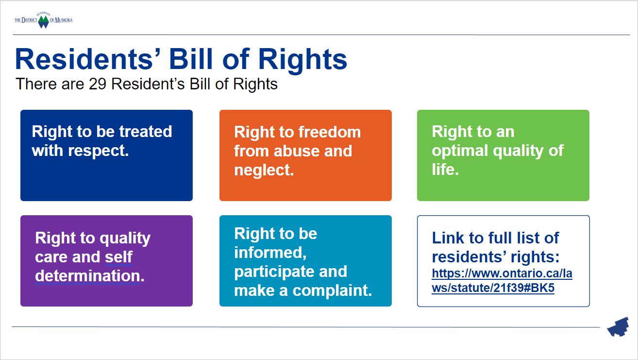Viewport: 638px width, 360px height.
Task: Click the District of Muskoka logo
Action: pos(43,20)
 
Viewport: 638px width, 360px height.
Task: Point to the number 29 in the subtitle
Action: pos(98,84)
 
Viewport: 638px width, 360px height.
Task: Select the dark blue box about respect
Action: pos(106,155)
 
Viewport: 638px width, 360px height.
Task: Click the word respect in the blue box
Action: pos(98,151)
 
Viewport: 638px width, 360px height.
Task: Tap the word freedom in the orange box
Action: pos(330,132)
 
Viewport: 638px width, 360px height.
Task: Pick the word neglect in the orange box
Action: pos(264,170)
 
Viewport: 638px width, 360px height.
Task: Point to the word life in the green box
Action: pos(445,169)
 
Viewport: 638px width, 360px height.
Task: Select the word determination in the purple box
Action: pos(90,276)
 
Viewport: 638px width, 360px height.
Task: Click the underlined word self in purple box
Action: pos(118,257)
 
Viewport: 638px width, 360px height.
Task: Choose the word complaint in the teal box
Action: pos(332,291)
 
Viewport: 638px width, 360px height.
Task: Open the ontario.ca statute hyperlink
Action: pos(502,281)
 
